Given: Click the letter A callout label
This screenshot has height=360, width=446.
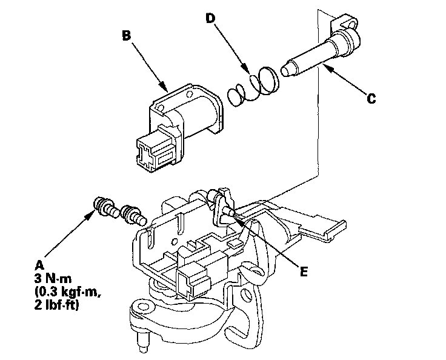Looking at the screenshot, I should [x=40, y=264].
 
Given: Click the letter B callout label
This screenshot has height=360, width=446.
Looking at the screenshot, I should [x=126, y=36].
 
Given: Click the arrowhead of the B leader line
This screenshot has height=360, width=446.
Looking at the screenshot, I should [x=164, y=91].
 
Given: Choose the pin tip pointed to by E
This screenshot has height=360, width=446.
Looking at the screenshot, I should [x=228, y=212].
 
